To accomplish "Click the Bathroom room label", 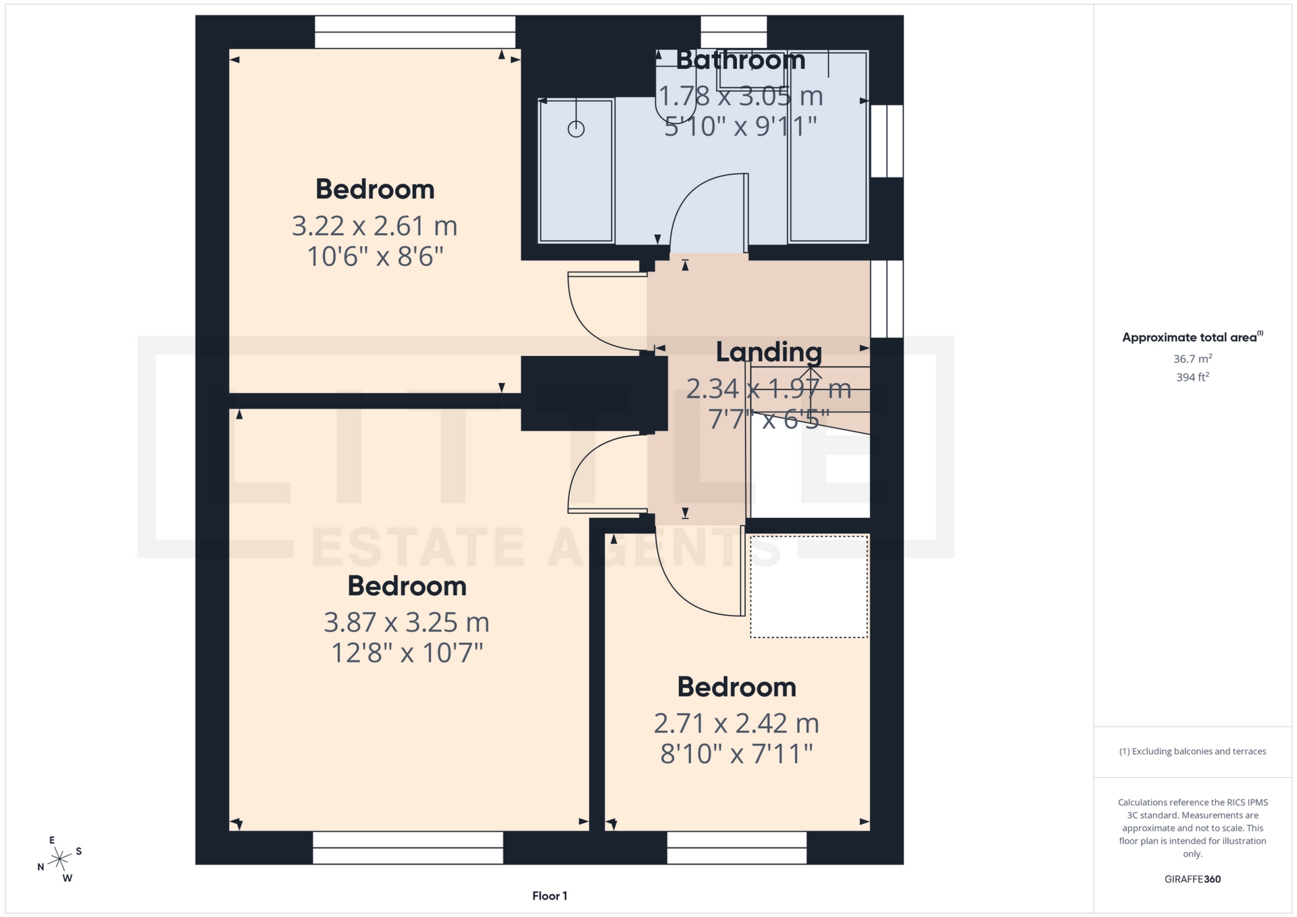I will (740, 60).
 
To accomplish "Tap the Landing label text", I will (769, 352).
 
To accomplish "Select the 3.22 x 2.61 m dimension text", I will (374, 226).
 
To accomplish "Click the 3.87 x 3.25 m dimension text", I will (406, 622).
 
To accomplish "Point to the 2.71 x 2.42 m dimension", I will (736, 723).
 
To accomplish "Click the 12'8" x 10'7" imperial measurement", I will (406, 653).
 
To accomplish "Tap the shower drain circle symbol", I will (576, 129).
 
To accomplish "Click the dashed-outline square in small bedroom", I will (809, 586).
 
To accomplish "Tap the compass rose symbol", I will (60, 859).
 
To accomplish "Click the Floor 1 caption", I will (549, 896).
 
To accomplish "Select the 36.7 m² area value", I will (1192, 359).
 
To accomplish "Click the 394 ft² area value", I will (1192, 377).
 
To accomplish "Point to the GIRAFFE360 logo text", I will (1192, 879).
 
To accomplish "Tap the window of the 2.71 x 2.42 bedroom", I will (736, 847).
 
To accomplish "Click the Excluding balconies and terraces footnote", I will (1192, 751).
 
